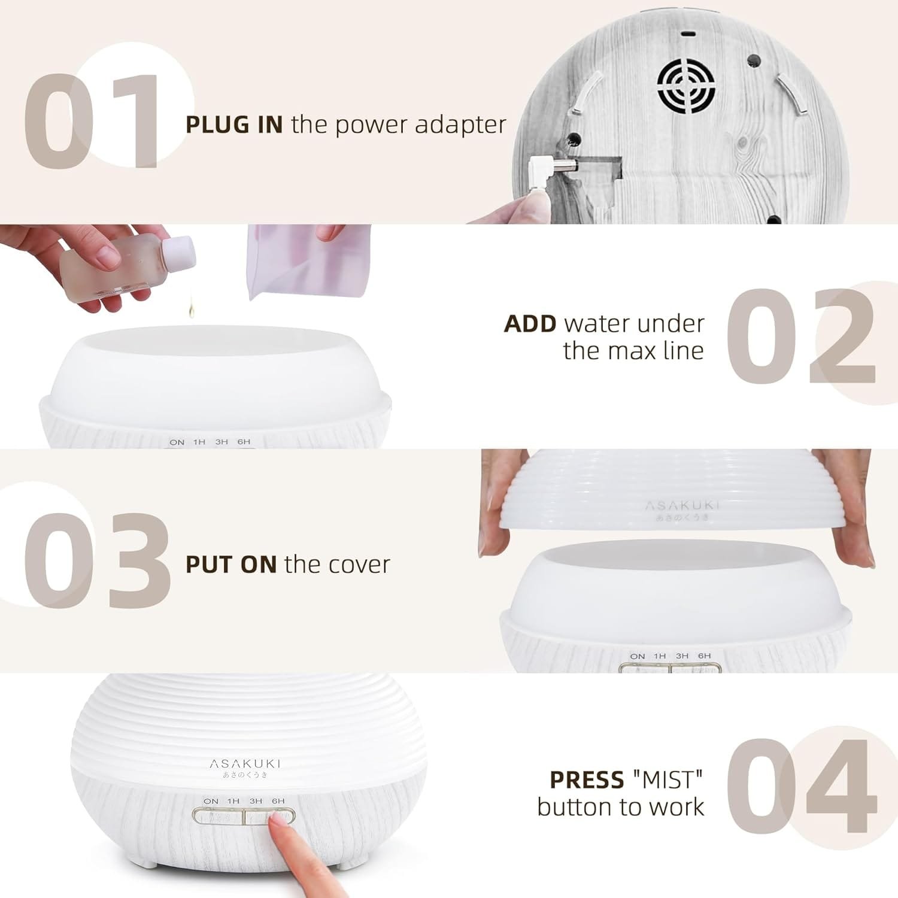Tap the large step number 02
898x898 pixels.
pos(801,336)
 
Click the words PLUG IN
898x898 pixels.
pos(234,125)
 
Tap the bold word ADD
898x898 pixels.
pos(530,324)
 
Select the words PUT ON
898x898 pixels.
pos(230,565)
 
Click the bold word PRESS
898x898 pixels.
pos(586,780)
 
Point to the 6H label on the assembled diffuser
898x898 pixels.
pos(278,801)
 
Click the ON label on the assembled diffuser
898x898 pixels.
pos(211,801)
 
